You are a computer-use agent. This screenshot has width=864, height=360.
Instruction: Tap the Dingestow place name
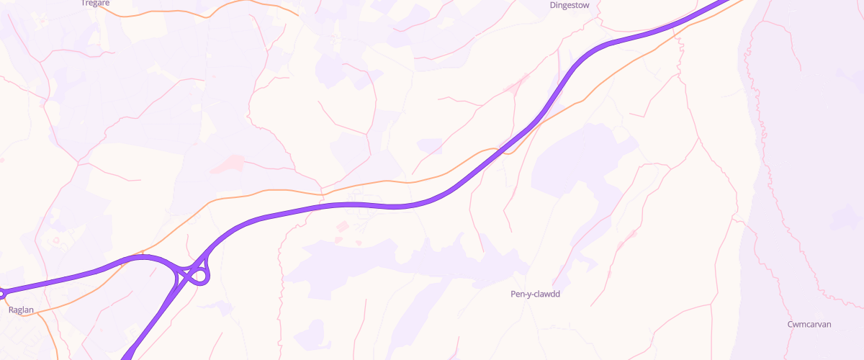click(569, 4)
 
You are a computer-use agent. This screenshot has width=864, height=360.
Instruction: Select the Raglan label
click(21, 310)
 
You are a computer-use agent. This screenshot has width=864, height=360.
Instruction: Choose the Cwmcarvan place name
click(809, 324)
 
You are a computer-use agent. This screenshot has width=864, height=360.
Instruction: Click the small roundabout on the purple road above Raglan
click(1, 293)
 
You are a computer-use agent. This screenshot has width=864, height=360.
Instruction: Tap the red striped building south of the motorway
click(341, 228)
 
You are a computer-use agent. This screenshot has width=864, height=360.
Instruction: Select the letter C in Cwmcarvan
click(791, 324)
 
